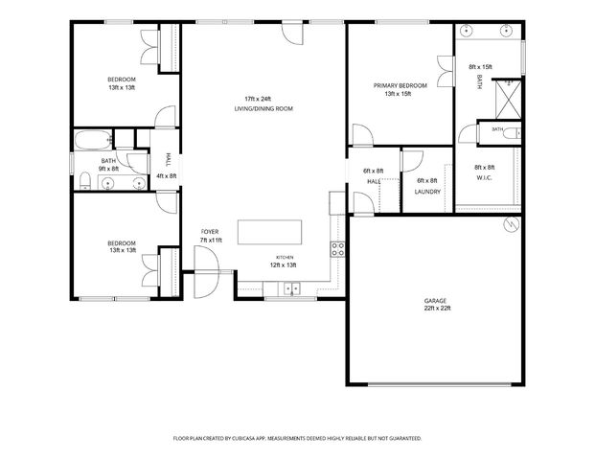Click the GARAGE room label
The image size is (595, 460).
[x=435, y=301]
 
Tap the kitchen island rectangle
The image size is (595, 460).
[x=270, y=232]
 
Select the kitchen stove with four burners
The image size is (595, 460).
[x=337, y=249]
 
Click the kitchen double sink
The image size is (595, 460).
[x=291, y=288]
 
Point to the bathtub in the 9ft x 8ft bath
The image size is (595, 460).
[x=93, y=140]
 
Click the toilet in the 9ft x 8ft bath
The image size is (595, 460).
[x=85, y=180]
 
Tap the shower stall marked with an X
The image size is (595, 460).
[x=509, y=100]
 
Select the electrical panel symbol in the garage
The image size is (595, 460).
[x=511, y=225]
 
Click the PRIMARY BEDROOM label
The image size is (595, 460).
[x=400, y=86]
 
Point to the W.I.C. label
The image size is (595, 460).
[x=485, y=177]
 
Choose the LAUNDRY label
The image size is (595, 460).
[x=427, y=192]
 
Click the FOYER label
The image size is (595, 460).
[x=210, y=232]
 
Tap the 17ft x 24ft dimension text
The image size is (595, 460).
[x=258, y=99]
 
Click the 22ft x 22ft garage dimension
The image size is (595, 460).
[x=438, y=309]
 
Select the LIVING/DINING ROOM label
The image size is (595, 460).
[x=263, y=109]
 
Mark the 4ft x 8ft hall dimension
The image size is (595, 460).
[x=167, y=176]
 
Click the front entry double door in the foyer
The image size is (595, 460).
[x=206, y=272]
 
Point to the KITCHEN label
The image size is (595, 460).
[x=285, y=258]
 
